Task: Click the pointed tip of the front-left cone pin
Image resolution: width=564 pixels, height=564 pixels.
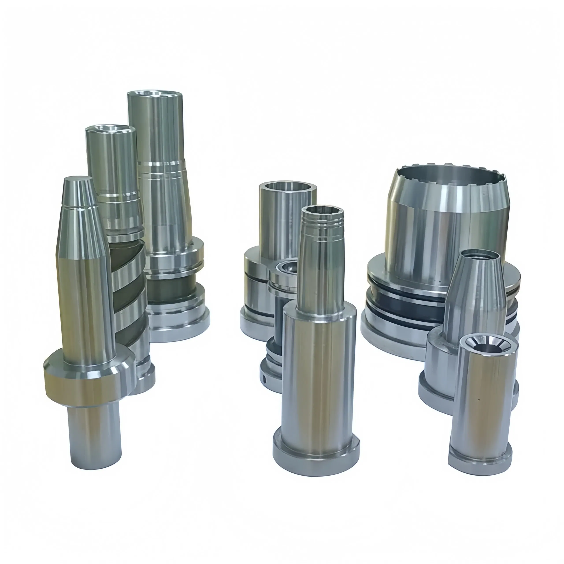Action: tap(78, 179)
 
